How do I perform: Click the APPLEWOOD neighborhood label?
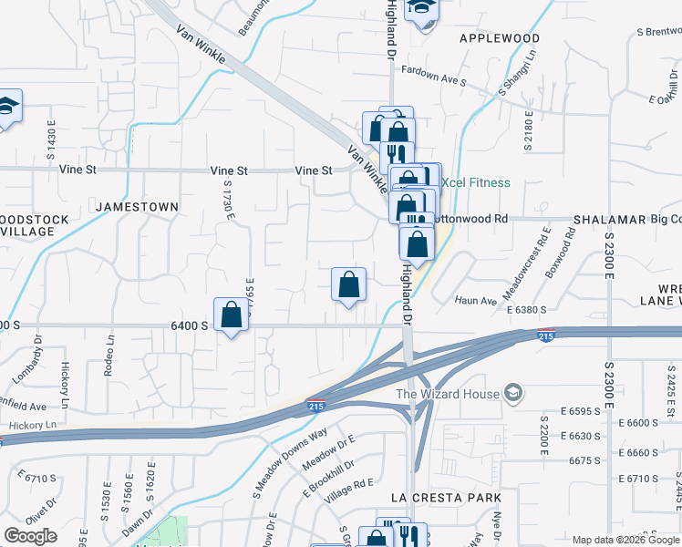click(x=500, y=38)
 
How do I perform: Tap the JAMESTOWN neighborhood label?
click(x=137, y=207)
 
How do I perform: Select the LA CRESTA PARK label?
click(x=446, y=498)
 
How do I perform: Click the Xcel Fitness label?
click(x=477, y=182)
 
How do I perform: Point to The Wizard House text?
click(x=447, y=394)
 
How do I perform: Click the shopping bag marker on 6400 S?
click(x=232, y=315)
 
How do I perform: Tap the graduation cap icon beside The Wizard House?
click(x=513, y=393)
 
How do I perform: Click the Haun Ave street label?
click(x=476, y=301)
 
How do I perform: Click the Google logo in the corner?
click(x=30, y=536)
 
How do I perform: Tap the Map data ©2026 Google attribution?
click(x=625, y=540)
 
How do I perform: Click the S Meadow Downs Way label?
click(x=290, y=463)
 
